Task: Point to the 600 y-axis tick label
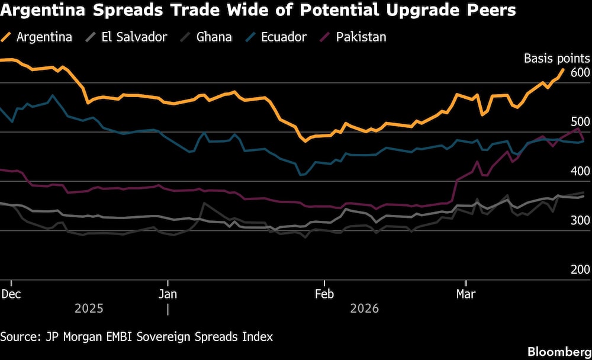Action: tap(580, 72)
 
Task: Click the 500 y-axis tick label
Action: tap(580, 122)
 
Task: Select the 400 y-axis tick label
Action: tap(580, 171)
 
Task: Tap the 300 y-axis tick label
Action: tap(580, 220)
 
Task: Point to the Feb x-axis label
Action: tap(324, 293)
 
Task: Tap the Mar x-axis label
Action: tap(466, 293)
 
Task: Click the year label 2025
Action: tap(89, 309)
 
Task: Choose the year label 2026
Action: tap(365, 309)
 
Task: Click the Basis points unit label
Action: tap(557, 58)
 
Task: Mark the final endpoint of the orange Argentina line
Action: tap(562, 70)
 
